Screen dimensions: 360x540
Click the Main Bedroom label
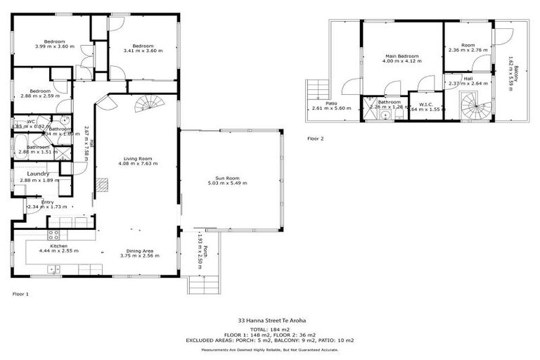click(x=401, y=56)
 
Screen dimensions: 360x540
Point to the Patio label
click(x=330, y=103)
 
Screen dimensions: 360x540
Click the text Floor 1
click(x=21, y=293)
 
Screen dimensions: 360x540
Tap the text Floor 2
click(x=316, y=139)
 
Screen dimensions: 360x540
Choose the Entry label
click(x=47, y=202)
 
